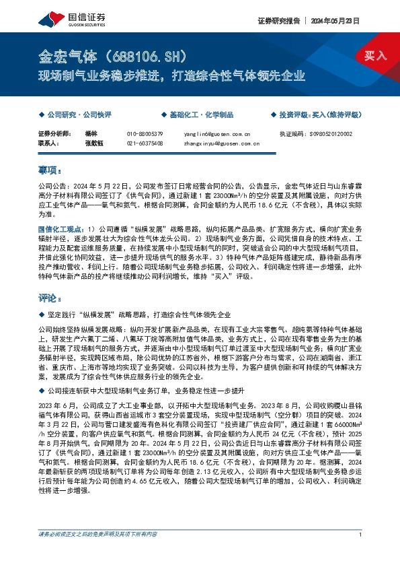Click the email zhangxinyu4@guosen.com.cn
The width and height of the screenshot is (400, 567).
coord(221,143)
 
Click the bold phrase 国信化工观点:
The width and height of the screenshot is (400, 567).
coord(60,230)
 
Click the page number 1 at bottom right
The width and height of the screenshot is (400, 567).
coord(361,554)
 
